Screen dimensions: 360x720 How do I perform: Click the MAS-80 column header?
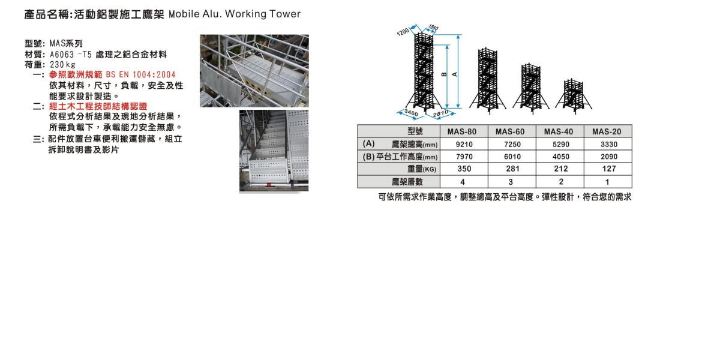point(464,132)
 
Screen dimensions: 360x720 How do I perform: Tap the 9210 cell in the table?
point(464,145)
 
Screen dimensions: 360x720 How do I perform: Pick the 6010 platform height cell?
point(512,157)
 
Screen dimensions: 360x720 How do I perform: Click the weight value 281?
point(512,169)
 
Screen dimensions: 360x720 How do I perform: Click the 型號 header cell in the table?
point(415,132)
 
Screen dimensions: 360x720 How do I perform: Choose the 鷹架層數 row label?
point(407,182)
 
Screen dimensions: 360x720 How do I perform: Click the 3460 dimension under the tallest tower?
point(410,113)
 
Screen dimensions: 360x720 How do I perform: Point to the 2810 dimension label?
point(441,113)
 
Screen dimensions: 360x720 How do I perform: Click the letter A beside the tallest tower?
point(454,74)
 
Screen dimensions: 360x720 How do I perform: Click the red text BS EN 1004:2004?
point(140,74)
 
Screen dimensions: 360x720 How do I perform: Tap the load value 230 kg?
point(63,64)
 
